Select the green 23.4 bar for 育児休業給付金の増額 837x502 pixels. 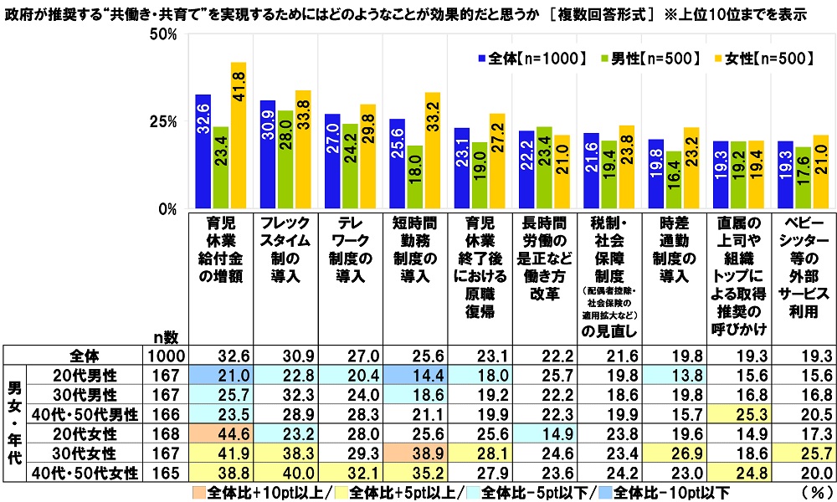[220, 167]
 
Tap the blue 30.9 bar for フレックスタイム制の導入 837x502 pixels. [267, 155]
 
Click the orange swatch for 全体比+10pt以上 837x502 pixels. [199, 491]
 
